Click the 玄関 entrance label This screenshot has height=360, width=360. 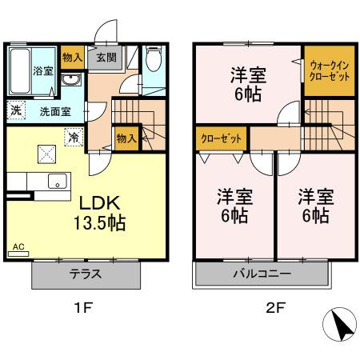[x=106, y=57]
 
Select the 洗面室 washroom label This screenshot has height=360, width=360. [x=55, y=111]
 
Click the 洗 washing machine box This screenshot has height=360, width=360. [x=16, y=110]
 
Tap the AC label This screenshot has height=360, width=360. [x=18, y=248]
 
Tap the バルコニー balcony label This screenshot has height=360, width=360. [x=262, y=274]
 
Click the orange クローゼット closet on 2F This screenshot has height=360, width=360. [x=222, y=138]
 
